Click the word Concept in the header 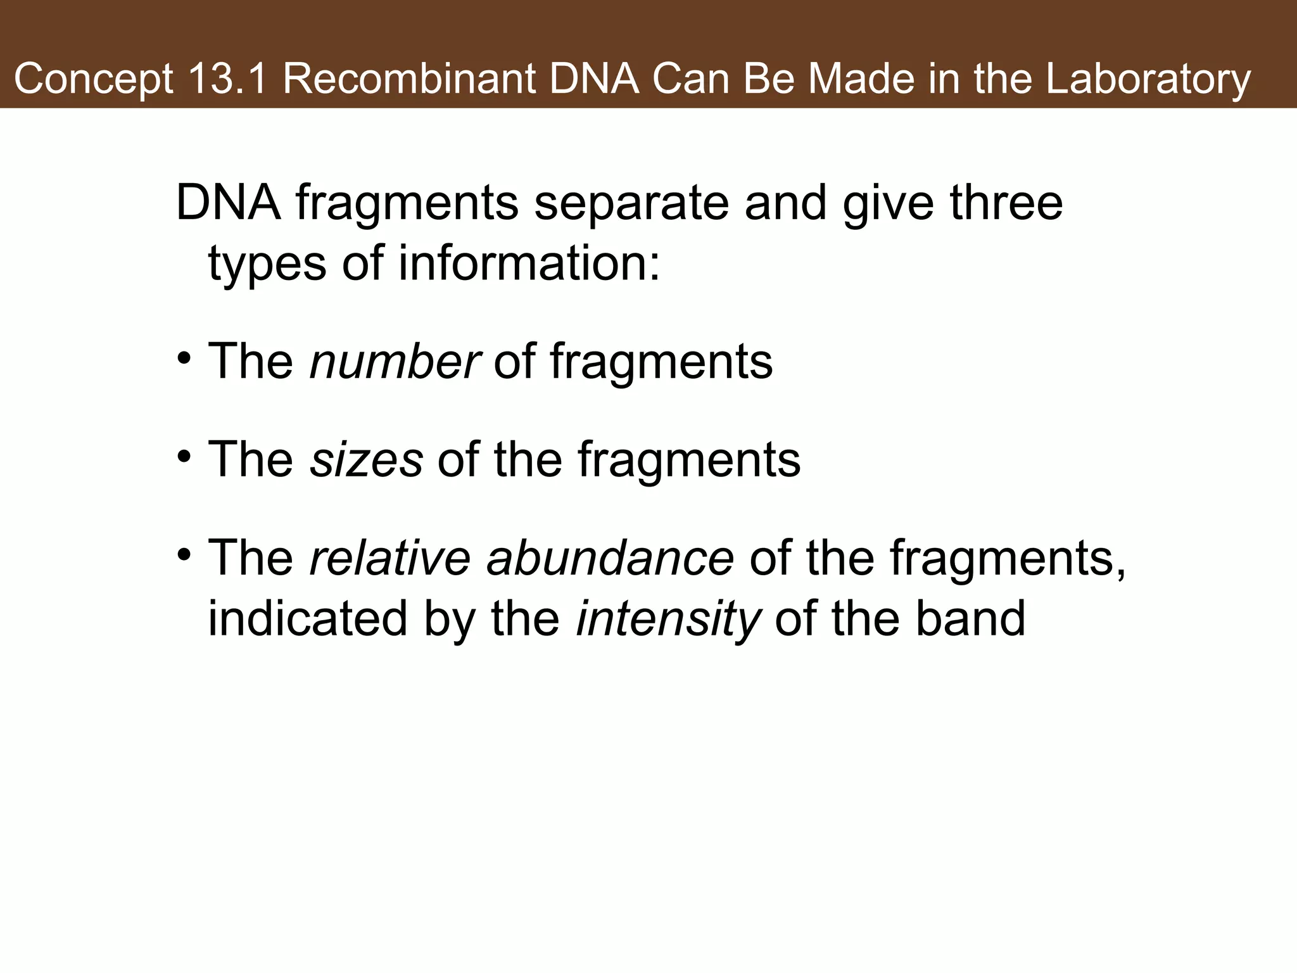(x=94, y=80)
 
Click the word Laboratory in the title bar (x=1148, y=80)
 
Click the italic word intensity (x=667, y=620)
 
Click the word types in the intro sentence (x=267, y=265)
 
